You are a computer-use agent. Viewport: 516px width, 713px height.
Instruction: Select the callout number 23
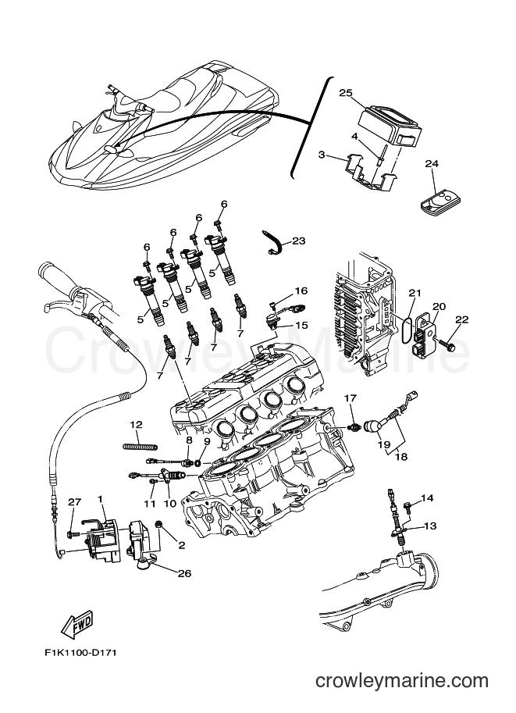(298, 241)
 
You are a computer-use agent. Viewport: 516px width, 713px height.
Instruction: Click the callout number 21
(415, 293)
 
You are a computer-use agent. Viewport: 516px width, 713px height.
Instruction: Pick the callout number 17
(351, 398)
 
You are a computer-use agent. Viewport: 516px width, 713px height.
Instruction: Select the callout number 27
(74, 502)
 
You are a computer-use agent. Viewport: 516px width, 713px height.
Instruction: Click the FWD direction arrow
(77, 624)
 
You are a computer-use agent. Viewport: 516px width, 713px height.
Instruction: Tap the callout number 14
(426, 497)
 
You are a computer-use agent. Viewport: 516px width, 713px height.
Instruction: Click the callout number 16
(301, 291)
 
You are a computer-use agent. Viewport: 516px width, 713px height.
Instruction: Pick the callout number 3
(321, 156)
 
